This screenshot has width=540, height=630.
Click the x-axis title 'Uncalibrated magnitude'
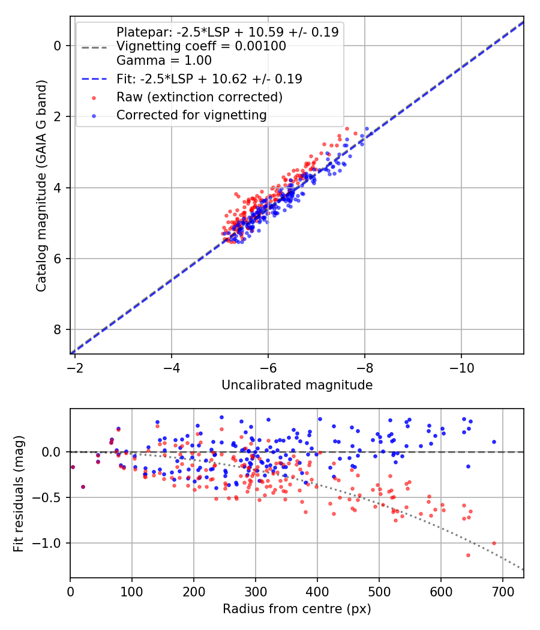click(x=297, y=385)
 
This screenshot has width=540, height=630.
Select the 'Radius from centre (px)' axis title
click(x=297, y=609)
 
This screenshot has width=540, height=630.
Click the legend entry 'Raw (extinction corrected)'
click(x=199, y=97)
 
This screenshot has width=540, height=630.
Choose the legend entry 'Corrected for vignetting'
click(x=191, y=115)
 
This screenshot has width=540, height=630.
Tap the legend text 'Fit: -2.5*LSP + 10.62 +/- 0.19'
click(x=209, y=79)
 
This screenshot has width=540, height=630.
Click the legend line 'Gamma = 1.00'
click(x=164, y=60)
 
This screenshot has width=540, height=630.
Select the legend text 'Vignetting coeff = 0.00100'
click(x=201, y=46)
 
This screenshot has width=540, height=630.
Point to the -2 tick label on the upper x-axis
click(x=75, y=365)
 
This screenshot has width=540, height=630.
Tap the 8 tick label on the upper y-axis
click(x=58, y=329)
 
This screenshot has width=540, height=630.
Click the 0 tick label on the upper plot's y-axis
click(x=58, y=46)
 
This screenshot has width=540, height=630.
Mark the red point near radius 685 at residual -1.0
click(x=494, y=543)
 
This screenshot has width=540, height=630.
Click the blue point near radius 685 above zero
click(x=494, y=442)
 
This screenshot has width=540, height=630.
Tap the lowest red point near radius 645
click(x=468, y=555)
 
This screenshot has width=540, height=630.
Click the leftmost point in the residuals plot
click(x=73, y=467)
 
